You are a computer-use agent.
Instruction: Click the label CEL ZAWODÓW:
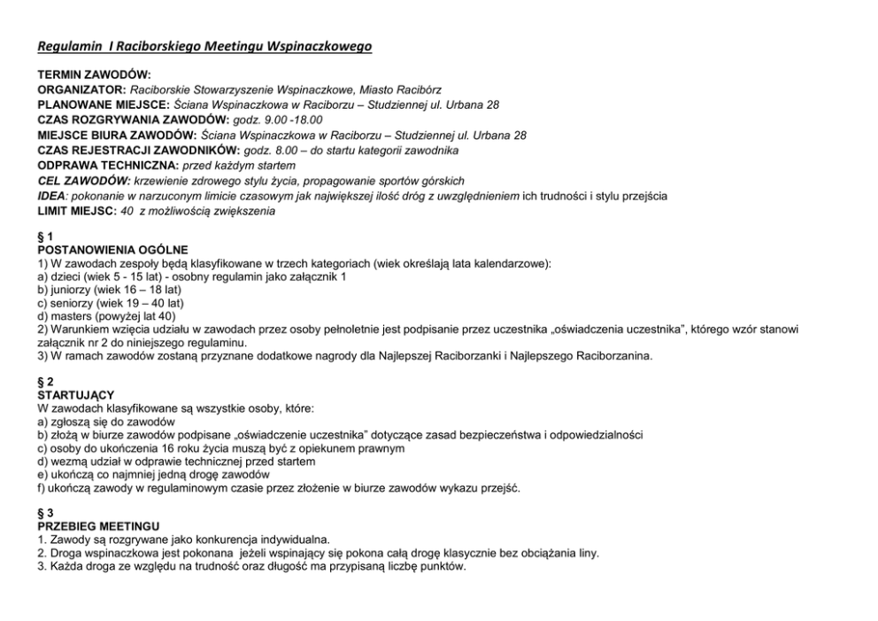pyautogui.click(x=81, y=181)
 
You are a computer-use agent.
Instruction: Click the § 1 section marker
pyautogui.click(x=44, y=236)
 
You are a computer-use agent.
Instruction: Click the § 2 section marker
pyautogui.click(x=44, y=381)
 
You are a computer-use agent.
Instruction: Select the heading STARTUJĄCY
pyautogui.click(x=76, y=395)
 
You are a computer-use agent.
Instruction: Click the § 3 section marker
pyautogui.click(x=44, y=512)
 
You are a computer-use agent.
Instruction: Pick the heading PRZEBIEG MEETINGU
pyautogui.click(x=96, y=526)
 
